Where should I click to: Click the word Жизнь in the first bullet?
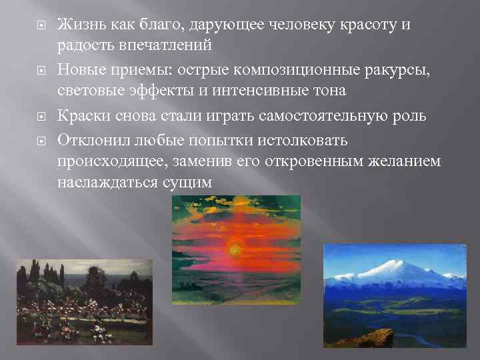point(77,25)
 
